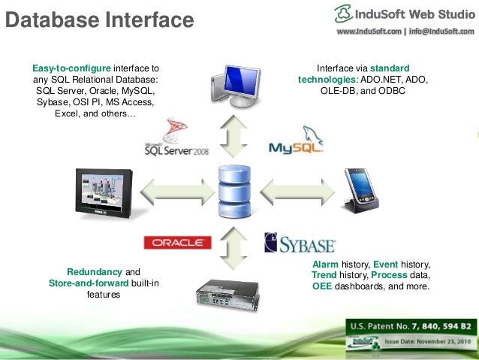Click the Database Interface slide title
pos(98,18)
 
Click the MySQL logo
pos(297,141)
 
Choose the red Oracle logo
pos(177,242)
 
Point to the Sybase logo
pos(300,244)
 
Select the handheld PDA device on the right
pos(360,191)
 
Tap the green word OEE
pos(324,286)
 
